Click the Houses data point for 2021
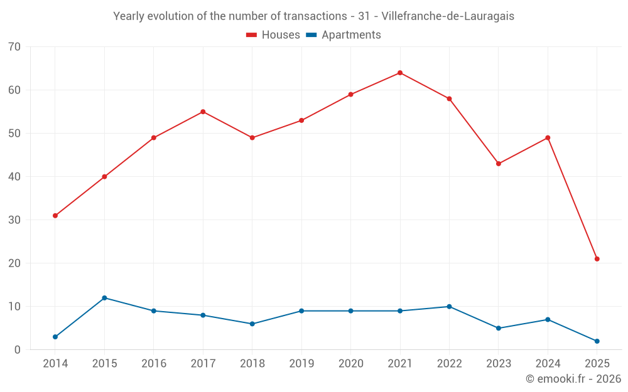[x=400, y=73]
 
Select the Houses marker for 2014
[x=55, y=216]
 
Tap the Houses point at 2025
[x=597, y=259]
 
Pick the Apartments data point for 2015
[x=104, y=298]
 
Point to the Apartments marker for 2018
[x=252, y=324]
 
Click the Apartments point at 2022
[x=449, y=307]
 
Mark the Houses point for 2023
[x=499, y=164]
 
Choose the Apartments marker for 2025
[x=597, y=341]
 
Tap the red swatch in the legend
[x=251, y=35]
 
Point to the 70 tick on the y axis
[x=14, y=47]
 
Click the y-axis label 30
[x=14, y=220]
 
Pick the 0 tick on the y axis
[x=18, y=350]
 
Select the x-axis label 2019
[x=301, y=364]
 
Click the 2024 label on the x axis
[x=548, y=364]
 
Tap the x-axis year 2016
[x=154, y=364]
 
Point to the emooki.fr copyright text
[x=573, y=379]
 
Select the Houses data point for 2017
[x=203, y=112]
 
